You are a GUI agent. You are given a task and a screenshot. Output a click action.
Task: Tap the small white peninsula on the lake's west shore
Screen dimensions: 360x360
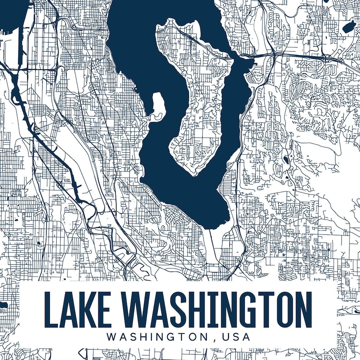157,104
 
